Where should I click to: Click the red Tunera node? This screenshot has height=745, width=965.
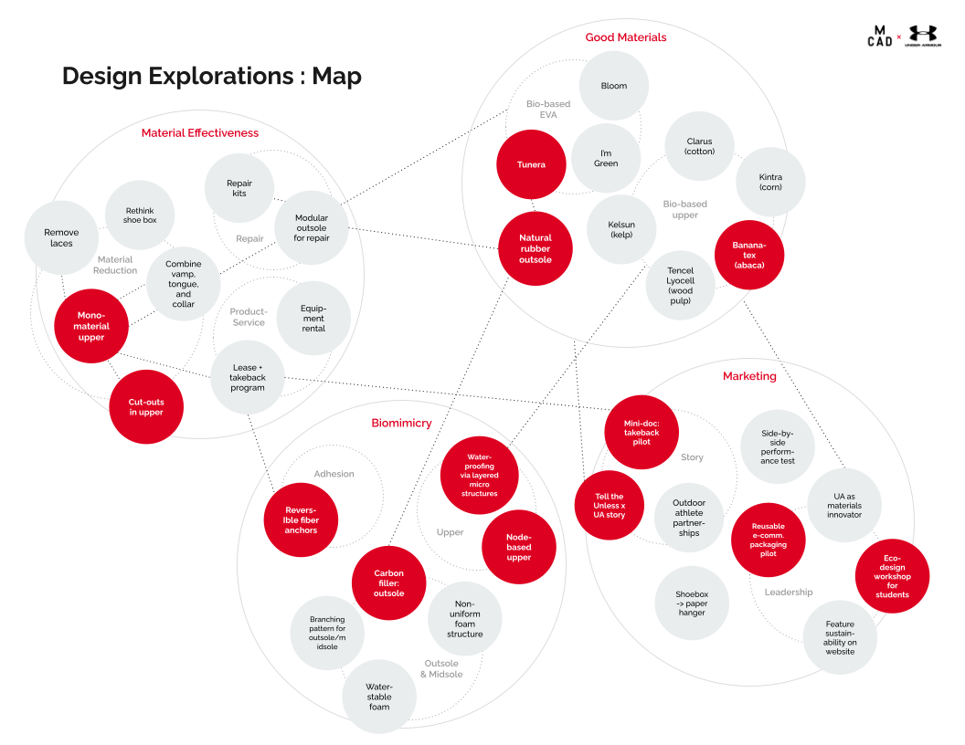click(x=531, y=164)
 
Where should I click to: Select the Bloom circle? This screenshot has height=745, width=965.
click(x=614, y=86)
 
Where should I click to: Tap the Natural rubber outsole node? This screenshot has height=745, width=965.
click(x=535, y=248)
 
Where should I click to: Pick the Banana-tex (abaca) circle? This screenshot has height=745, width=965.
click(x=748, y=255)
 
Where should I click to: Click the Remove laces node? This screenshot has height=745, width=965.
click(x=61, y=237)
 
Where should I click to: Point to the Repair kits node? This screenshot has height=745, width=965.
click(x=239, y=188)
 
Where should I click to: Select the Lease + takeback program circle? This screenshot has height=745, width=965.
click(x=248, y=377)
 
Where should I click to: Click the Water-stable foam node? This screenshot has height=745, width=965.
click(x=379, y=696)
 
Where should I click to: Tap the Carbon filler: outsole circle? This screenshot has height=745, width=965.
click(x=388, y=583)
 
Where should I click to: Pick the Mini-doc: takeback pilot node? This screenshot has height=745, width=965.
click(x=642, y=433)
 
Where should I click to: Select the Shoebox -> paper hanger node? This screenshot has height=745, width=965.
click(x=692, y=602)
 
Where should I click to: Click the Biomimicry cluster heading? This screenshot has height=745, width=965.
click(x=401, y=423)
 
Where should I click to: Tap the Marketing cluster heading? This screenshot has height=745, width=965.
click(x=749, y=376)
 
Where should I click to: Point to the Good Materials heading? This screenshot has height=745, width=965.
click(x=626, y=37)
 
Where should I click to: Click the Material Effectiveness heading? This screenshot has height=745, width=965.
click(x=200, y=133)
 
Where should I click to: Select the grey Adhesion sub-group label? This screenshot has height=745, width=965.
click(x=334, y=474)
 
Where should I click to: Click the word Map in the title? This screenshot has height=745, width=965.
click(x=336, y=76)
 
